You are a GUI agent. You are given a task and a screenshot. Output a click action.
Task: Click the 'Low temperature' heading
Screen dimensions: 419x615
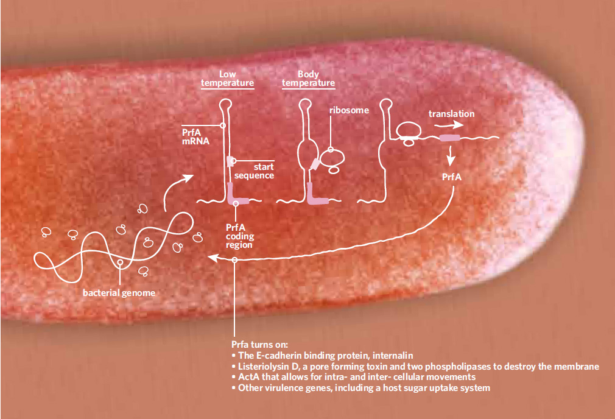pos(227,78)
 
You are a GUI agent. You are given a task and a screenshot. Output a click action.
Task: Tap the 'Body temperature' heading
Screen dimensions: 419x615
pos(308,78)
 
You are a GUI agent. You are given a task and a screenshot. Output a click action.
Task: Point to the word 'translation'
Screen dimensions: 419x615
pos(451,114)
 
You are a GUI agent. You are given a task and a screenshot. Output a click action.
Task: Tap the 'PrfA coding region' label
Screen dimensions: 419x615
pos(239,236)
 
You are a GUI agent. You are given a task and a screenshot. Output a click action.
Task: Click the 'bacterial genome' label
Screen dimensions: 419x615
pos(119,293)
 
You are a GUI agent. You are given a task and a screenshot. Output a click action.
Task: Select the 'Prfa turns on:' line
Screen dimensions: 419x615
pos(263,344)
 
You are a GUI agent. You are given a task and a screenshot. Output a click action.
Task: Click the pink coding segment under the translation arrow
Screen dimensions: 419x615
pos(451,139)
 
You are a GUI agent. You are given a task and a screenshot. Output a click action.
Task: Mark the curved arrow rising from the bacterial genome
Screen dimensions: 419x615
pos(177,189)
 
